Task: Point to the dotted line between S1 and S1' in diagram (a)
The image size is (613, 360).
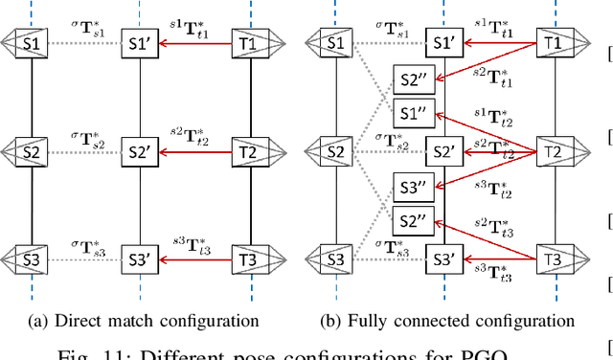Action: (x=85, y=44)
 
